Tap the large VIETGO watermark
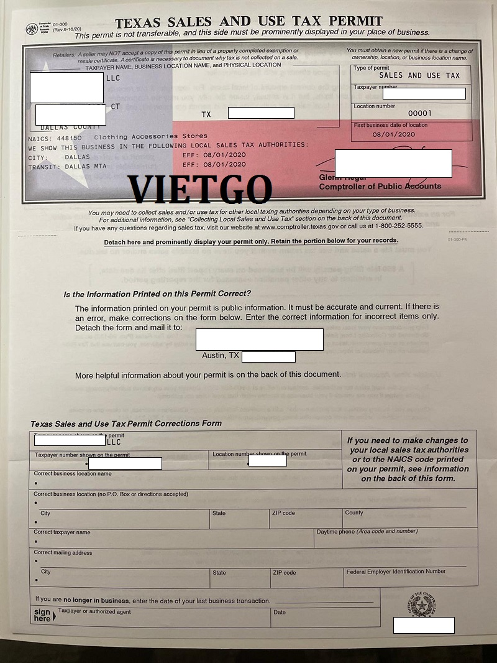tap(199, 190)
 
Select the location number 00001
tap(419, 114)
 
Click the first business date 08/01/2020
tap(393, 134)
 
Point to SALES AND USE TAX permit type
tap(411, 76)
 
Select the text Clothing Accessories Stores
tap(150, 136)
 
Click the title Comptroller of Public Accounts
tap(380, 186)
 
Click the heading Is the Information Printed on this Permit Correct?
tap(157, 294)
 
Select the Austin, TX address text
tap(221, 356)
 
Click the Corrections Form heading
tap(125, 424)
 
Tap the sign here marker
tap(42, 615)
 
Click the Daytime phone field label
tap(367, 532)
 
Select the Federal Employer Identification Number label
tap(396, 572)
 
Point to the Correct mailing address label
tap(63, 552)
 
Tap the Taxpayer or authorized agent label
tap(94, 612)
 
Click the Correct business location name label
tap(73, 473)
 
